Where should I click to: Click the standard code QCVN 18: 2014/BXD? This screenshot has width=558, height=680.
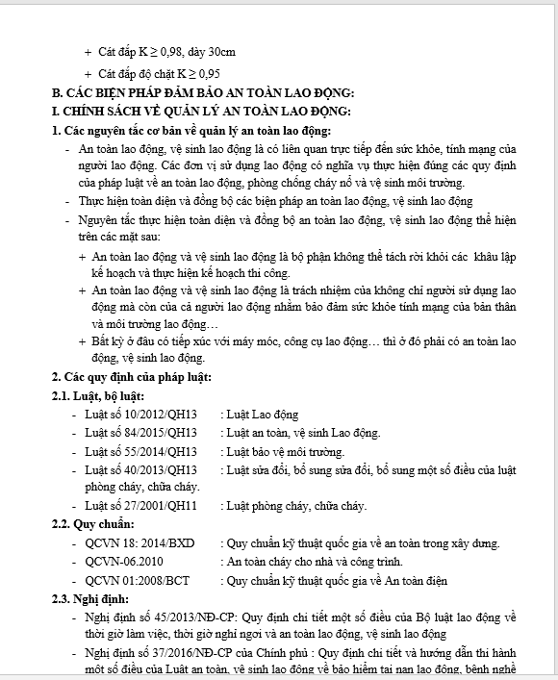[x=139, y=542]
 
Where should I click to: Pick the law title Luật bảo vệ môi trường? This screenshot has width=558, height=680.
[x=286, y=452]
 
